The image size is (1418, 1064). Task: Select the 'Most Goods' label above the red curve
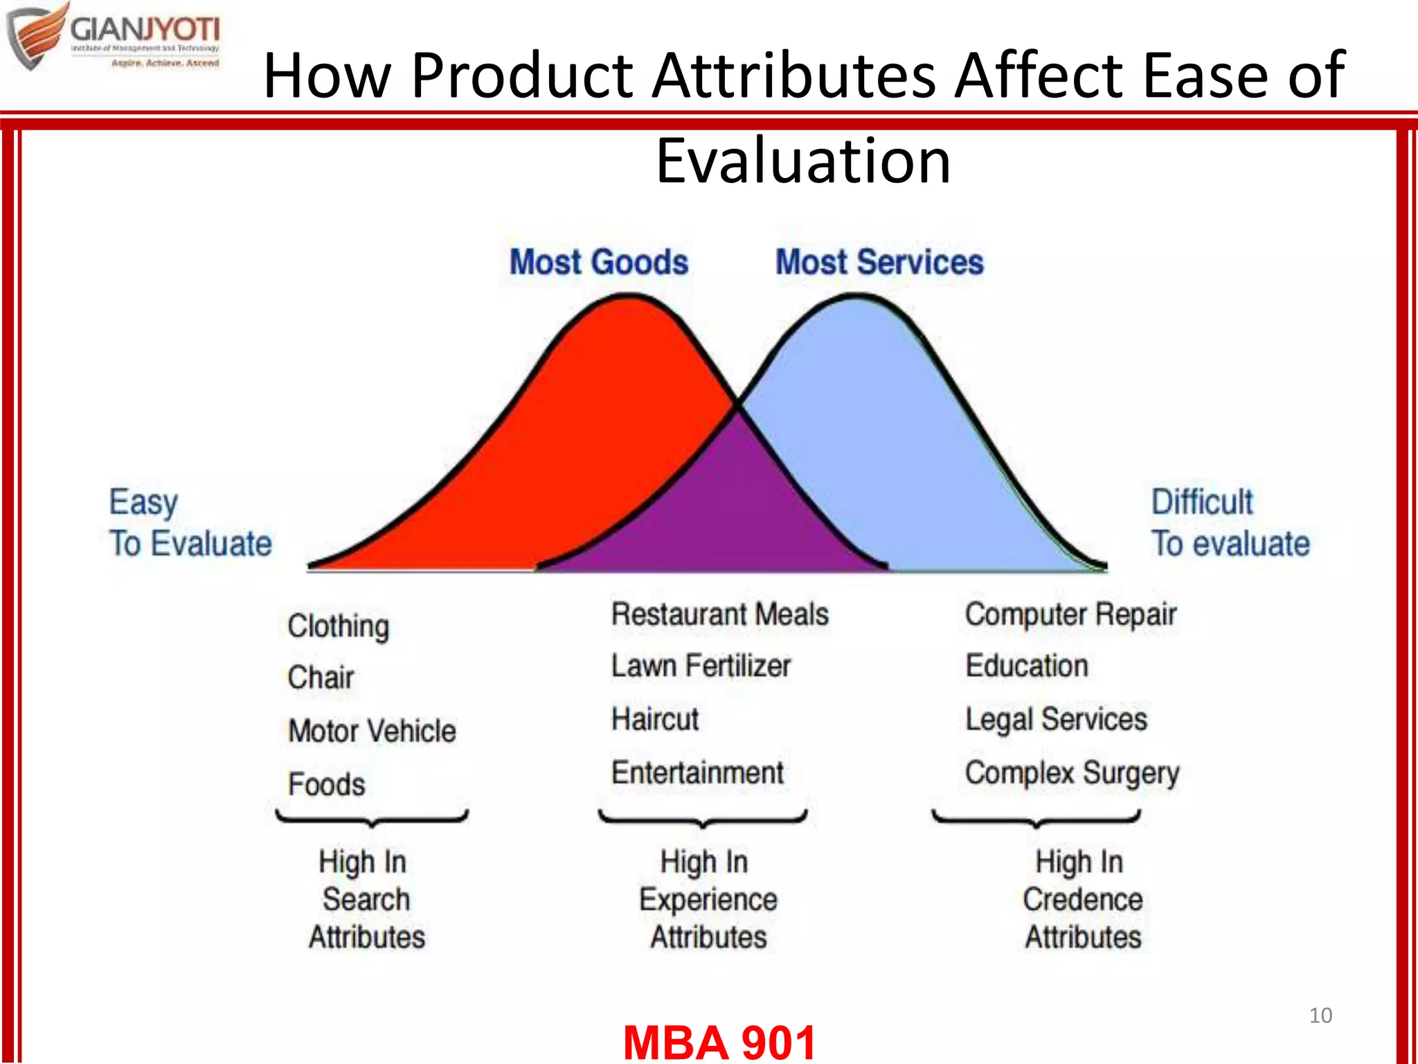click(599, 263)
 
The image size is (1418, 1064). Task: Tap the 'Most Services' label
click(879, 263)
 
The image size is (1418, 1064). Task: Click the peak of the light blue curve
click(857, 298)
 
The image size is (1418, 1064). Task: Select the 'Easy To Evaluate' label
click(190, 522)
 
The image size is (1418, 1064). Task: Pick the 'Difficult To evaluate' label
click(1230, 522)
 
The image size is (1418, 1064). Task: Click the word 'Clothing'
click(338, 626)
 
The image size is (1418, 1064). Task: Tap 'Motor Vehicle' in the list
click(372, 731)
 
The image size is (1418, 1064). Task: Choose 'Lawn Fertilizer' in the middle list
click(701, 666)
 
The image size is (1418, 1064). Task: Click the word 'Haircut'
click(655, 719)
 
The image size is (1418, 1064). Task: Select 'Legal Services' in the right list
click(1056, 720)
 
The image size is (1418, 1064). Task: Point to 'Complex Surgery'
click(1072, 773)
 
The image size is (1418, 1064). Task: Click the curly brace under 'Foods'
click(373, 819)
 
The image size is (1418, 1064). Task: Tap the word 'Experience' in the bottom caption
click(708, 900)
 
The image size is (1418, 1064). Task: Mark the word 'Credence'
click(1083, 900)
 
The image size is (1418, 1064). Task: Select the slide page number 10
click(1320, 1016)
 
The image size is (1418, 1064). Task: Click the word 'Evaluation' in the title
click(803, 161)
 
